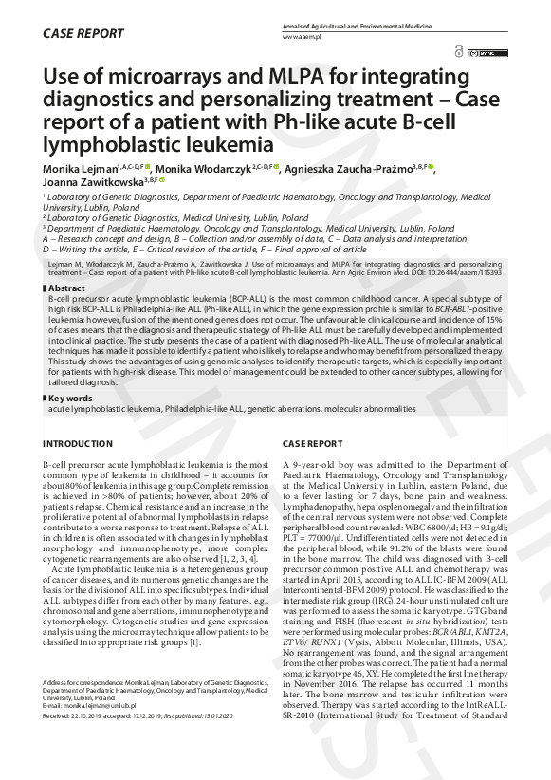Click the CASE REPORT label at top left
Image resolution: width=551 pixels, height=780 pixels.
(x=83, y=34)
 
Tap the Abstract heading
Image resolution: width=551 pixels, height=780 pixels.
(x=66, y=288)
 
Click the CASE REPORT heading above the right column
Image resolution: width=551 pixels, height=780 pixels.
(x=313, y=444)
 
